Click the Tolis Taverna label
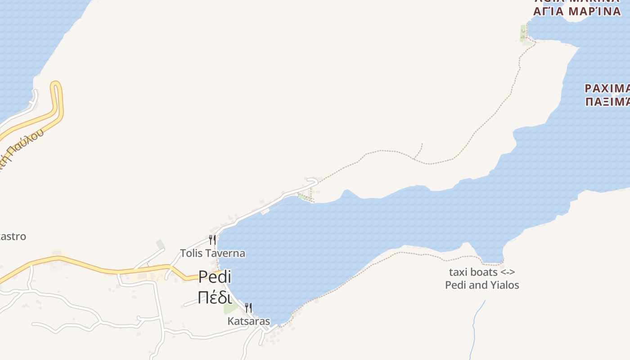pos(213,253)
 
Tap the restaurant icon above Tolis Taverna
pos(212,239)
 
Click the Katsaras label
pos(249,321)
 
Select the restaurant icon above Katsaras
pos(248,308)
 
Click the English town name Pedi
pos(215,277)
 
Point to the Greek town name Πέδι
pos(215,297)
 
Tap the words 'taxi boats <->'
pos(482,272)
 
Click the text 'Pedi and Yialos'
pos(482,285)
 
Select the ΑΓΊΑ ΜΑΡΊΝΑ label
pos(577,12)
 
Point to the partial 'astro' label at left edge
pos(13,237)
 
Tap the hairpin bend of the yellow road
pos(56,85)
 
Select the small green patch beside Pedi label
pos(230,308)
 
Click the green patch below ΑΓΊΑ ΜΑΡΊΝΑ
pos(523,34)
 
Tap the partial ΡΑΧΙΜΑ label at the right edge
pos(607,88)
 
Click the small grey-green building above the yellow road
pos(160,244)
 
